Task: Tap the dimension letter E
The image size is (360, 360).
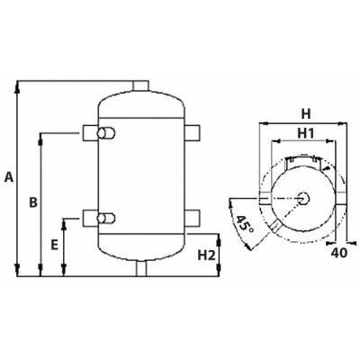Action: click(x=55, y=244)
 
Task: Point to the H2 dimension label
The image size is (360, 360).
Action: click(x=206, y=255)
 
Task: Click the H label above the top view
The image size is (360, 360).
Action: click(x=305, y=113)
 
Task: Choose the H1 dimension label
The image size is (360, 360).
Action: click(x=305, y=133)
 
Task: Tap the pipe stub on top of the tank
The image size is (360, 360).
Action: click(x=141, y=85)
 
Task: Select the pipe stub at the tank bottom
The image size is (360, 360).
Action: click(x=141, y=268)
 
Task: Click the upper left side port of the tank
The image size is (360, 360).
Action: click(x=94, y=134)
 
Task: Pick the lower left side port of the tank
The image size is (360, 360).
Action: click(x=94, y=217)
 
